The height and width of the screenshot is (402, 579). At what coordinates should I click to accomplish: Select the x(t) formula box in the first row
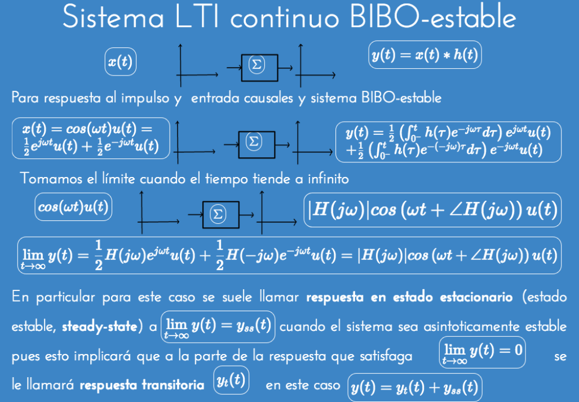(120, 62)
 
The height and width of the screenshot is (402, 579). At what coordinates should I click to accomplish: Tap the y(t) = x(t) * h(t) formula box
(425, 55)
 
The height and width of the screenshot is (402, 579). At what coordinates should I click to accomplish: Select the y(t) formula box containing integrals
(448, 140)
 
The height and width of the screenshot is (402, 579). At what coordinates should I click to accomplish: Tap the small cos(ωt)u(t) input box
(74, 207)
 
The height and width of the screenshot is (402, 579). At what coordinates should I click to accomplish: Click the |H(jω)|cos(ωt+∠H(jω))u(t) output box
(432, 210)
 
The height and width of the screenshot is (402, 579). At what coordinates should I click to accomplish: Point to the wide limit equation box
(289, 256)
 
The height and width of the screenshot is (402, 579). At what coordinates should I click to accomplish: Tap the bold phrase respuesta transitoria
(142, 386)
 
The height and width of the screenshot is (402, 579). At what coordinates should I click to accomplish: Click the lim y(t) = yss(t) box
(218, 327)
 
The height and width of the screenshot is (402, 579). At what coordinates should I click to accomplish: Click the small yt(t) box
(231, 380)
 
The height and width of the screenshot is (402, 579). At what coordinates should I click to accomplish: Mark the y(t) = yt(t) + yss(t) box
(414, 387)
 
